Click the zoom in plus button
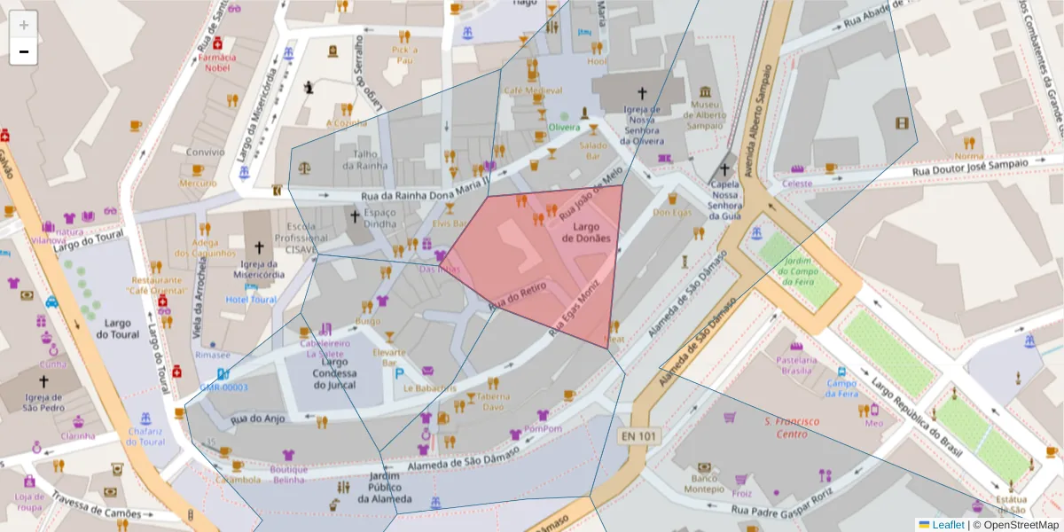[23, 25]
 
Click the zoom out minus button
[23, 51]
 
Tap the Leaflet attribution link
[947, 525]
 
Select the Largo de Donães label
[586, 232]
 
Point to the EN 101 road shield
[639, 435]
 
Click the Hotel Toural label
[251, 300]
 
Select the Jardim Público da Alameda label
[385, 488]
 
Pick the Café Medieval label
[533, 90]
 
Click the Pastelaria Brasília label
[795, 366]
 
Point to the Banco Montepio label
[704, 483]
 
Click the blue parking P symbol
[400, 374]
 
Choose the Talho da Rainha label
[371, 159]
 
